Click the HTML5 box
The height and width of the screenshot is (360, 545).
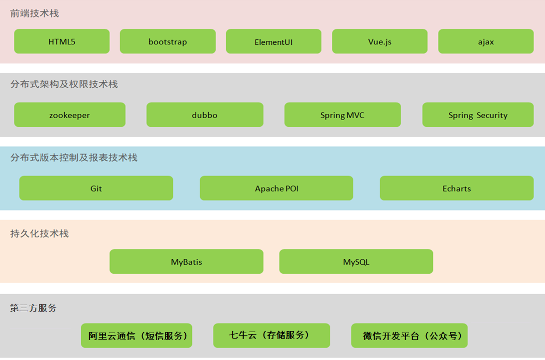pos(62,41)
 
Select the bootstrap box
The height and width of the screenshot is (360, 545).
pos(167,41)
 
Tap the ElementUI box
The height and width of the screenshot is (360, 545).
pos(273,41)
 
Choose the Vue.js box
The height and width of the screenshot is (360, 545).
pos(380,41)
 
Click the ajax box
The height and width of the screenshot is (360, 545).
pos(486,41)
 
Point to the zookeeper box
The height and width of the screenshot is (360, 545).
pos(70,115)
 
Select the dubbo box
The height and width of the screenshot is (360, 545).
pos(205,115)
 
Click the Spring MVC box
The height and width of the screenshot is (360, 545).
pos(342,115)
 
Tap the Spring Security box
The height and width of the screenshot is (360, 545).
pos(478,115)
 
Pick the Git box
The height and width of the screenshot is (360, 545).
pos(96,188)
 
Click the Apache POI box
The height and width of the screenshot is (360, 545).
pos(276,188)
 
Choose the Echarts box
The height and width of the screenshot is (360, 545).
pos(456,188)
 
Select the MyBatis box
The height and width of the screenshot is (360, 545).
pos(186,261)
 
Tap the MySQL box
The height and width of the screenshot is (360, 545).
pos(356,261)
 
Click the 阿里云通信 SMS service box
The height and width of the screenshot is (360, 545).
pos(136,336)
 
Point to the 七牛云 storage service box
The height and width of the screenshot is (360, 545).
pos(272,336)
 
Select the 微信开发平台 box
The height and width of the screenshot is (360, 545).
pos(409,336)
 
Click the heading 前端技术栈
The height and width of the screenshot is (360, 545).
pos(34,13)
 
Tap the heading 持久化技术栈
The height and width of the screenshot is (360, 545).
pos(39,233)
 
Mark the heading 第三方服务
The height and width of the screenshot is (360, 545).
pos(33,308)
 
